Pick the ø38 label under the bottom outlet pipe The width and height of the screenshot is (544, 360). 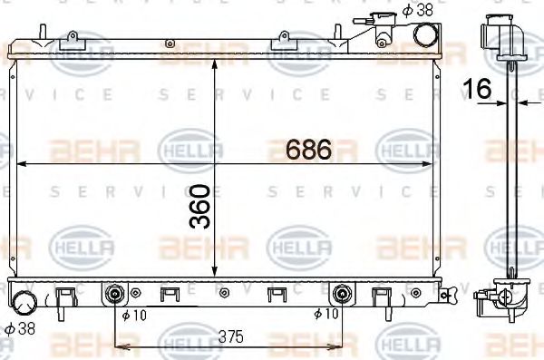21,327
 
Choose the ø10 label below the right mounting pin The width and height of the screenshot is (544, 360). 325,315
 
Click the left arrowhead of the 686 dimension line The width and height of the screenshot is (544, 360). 23,164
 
